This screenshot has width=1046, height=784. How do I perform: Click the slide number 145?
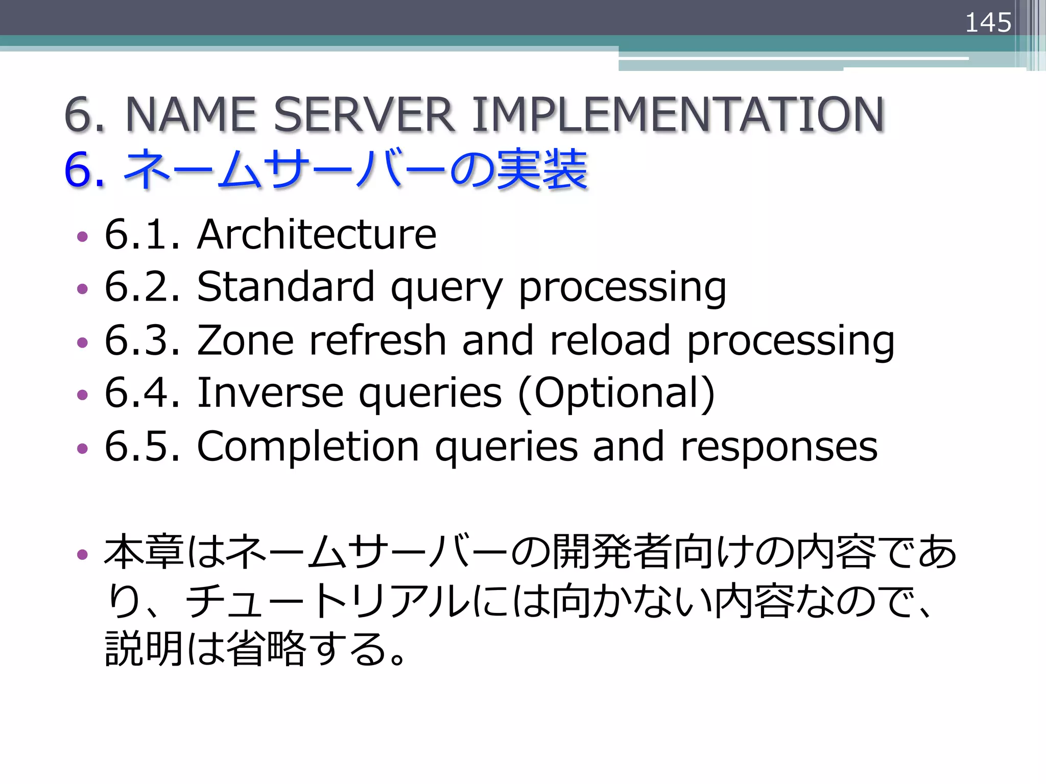pyautogui.click(x=988, y=22)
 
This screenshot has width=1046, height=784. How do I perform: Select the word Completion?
pyautogui.click(x=308, y=447)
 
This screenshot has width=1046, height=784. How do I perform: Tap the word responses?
pyautogui.click(x=779, y=447)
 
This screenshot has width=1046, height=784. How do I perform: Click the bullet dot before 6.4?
pyautogui.click(x=82, y=395)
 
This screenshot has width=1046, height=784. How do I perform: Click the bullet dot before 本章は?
pyautogui.click(x=82, y=554)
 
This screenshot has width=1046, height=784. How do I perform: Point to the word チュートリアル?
pyautogui.click(x=327, y=601)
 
